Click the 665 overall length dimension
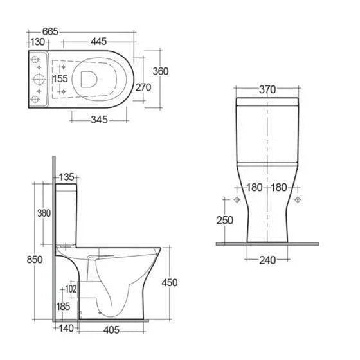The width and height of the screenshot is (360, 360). pos(50,32)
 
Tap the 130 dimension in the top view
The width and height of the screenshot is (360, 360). pos(37,42)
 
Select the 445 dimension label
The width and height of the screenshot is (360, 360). pos(99,42)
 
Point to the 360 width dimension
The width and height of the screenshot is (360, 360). pos(161,71)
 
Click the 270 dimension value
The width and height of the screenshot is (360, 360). pos(143,87)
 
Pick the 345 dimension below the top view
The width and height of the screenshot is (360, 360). pos(99,120)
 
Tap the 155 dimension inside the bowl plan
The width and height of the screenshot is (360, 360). pos(60,78)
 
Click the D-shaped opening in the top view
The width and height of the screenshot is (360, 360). pos(89,79)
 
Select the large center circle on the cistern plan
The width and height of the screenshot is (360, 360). pos(39,80)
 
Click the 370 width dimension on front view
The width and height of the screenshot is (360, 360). pos(267,89)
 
